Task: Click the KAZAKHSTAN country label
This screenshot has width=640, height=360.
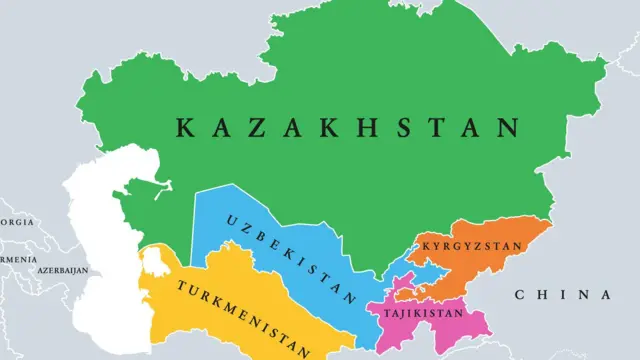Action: point(348,128)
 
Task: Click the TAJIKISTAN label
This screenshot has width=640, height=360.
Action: point(424,314)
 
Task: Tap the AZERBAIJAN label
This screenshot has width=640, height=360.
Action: point(61,271)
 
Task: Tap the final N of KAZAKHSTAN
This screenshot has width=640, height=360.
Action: point(510,128)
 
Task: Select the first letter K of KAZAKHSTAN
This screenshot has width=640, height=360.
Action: point(185,128)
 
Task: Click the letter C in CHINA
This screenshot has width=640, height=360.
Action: point(521,295)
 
